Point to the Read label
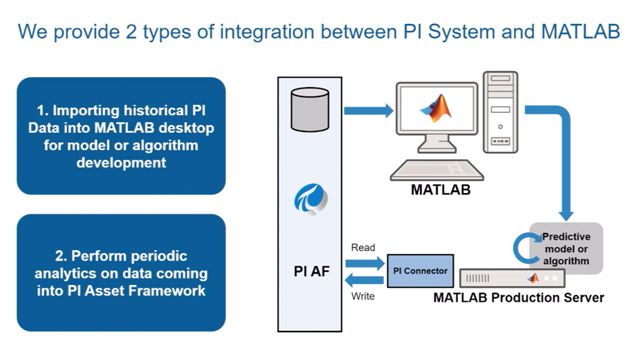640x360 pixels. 363,247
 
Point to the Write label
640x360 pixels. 363,295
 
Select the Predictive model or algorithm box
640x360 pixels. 565,248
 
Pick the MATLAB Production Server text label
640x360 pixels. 518,298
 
